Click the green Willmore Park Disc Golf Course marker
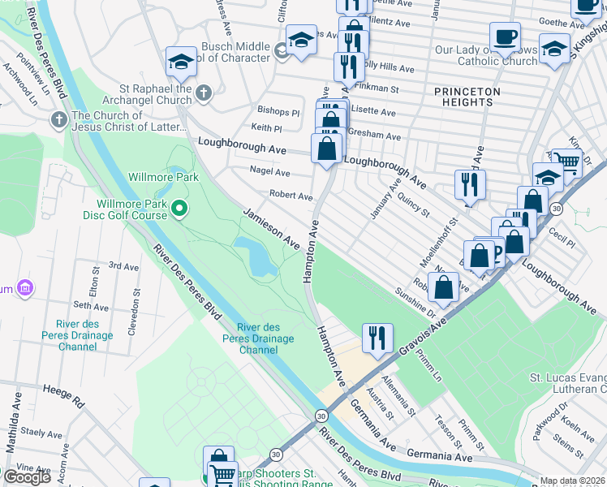tap(180, 210)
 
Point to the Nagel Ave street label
tap(270, 172)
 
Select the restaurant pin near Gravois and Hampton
tap(377, 338)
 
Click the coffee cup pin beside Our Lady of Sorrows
tap(505, 37)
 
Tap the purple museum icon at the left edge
tap(25, 288)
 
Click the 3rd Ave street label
tap(124, 265)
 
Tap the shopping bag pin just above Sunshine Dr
tap(444, 286)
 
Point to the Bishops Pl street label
tap(278, 110)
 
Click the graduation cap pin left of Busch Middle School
tap(181, 61)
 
